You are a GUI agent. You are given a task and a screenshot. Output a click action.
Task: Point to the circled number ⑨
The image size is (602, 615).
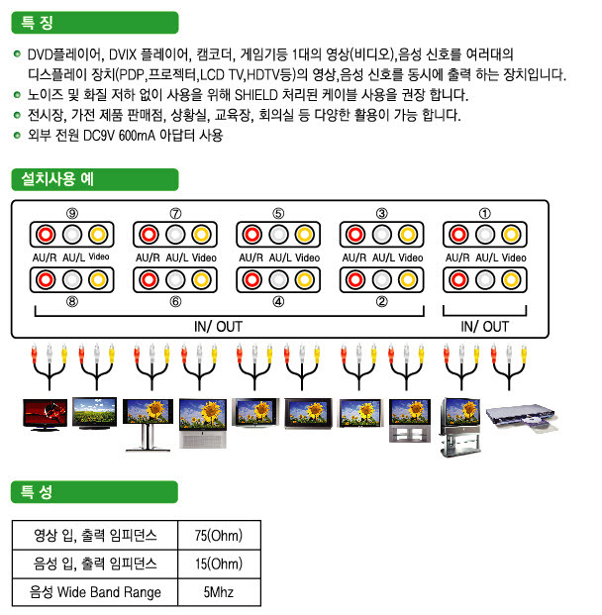pyautogui.click(x=70, y=213)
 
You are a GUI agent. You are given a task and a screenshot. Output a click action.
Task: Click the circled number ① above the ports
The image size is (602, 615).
pyautogui.click(x=484, y=213)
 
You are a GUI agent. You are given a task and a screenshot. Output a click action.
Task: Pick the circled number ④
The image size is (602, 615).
pyautogui.click(x=278, y=302)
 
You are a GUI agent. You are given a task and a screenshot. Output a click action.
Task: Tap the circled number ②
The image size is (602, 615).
pyautogui.click(x=381, y=302)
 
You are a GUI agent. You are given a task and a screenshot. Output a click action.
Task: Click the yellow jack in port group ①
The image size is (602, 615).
pyautogui.click(x=510, y=235)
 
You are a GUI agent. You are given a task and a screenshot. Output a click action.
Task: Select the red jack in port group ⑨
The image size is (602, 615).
pyautogui.click(x=46, y=235)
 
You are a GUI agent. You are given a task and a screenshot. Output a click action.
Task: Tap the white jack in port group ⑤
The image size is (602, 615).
pyautogui.click(x=278, y=235)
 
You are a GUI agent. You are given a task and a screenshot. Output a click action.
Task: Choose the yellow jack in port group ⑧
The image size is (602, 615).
pyautogui.click(x=97, y=279)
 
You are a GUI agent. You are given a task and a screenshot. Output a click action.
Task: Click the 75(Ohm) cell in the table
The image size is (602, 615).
pyautogui.click(x=219, y=537)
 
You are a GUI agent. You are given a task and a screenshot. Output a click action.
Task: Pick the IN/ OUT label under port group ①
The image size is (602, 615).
pyautogui.click(x=484, y=326)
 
